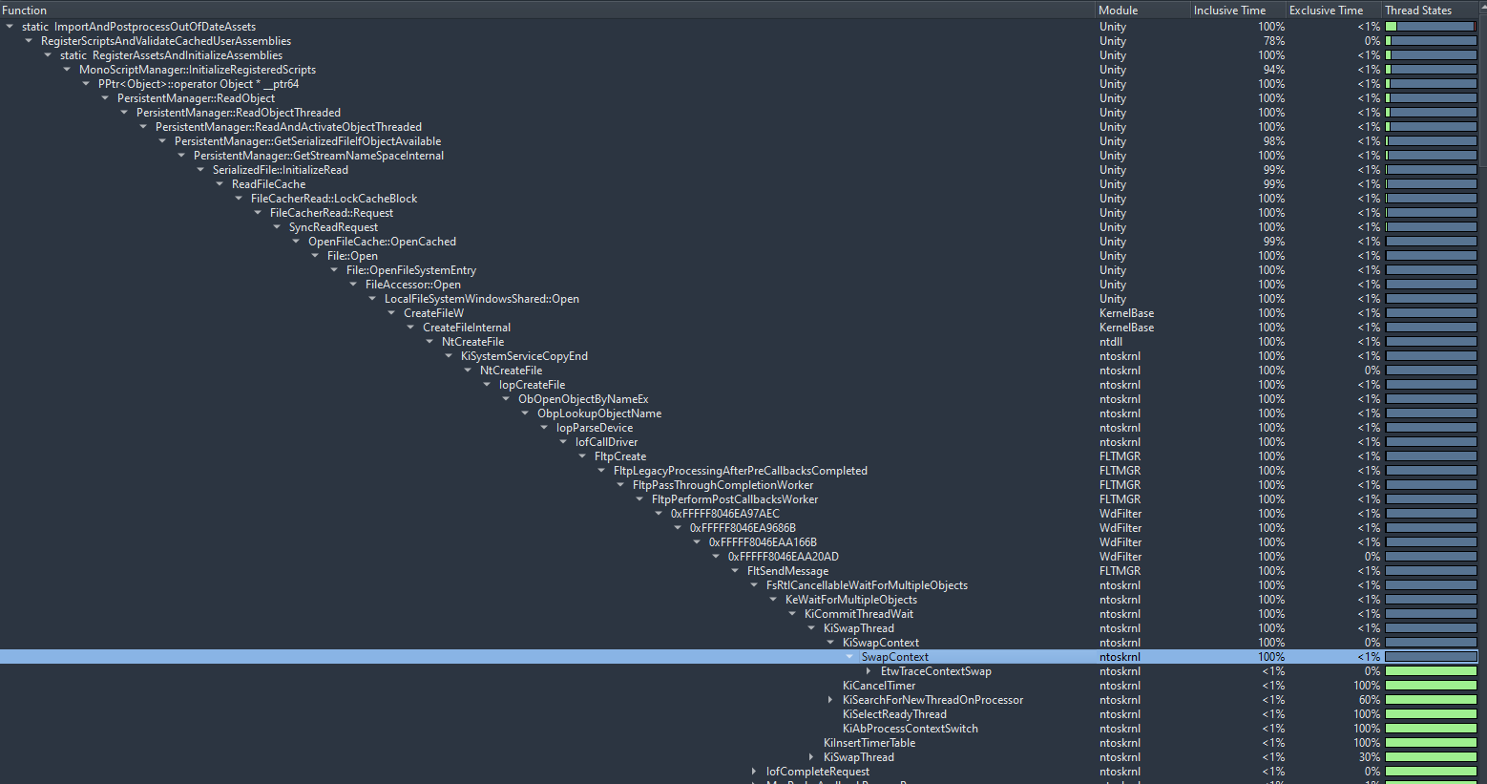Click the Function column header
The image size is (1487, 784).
click(25, 10)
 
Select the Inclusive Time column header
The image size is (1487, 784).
click(1229, 10)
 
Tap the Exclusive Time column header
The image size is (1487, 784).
click(1326, 10)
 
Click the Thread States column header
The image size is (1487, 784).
click(1418, 10)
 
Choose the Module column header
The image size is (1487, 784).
click(1118, 10)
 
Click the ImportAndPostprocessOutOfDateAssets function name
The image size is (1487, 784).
click(155, 27)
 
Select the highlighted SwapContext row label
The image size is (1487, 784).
click(895, 657)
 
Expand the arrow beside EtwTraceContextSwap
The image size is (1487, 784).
click(869, 671)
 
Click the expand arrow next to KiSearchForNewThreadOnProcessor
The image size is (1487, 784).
click(829, 700)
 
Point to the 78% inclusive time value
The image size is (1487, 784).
click(1273, 41)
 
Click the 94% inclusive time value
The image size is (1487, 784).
click(1273, 70)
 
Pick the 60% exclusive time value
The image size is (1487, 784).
click(1369, 700)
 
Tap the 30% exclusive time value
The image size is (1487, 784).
click(1369, 757)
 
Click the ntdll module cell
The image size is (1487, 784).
click(1111, 342)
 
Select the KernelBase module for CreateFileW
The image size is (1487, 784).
click(1126, 313)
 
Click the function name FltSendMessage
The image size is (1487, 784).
click(787, 571)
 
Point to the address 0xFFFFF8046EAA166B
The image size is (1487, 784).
click(763, 542)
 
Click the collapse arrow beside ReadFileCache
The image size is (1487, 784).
click(220, 184)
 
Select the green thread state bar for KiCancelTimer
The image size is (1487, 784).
click(1431, 686)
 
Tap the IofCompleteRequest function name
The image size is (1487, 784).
click(817, 772)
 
